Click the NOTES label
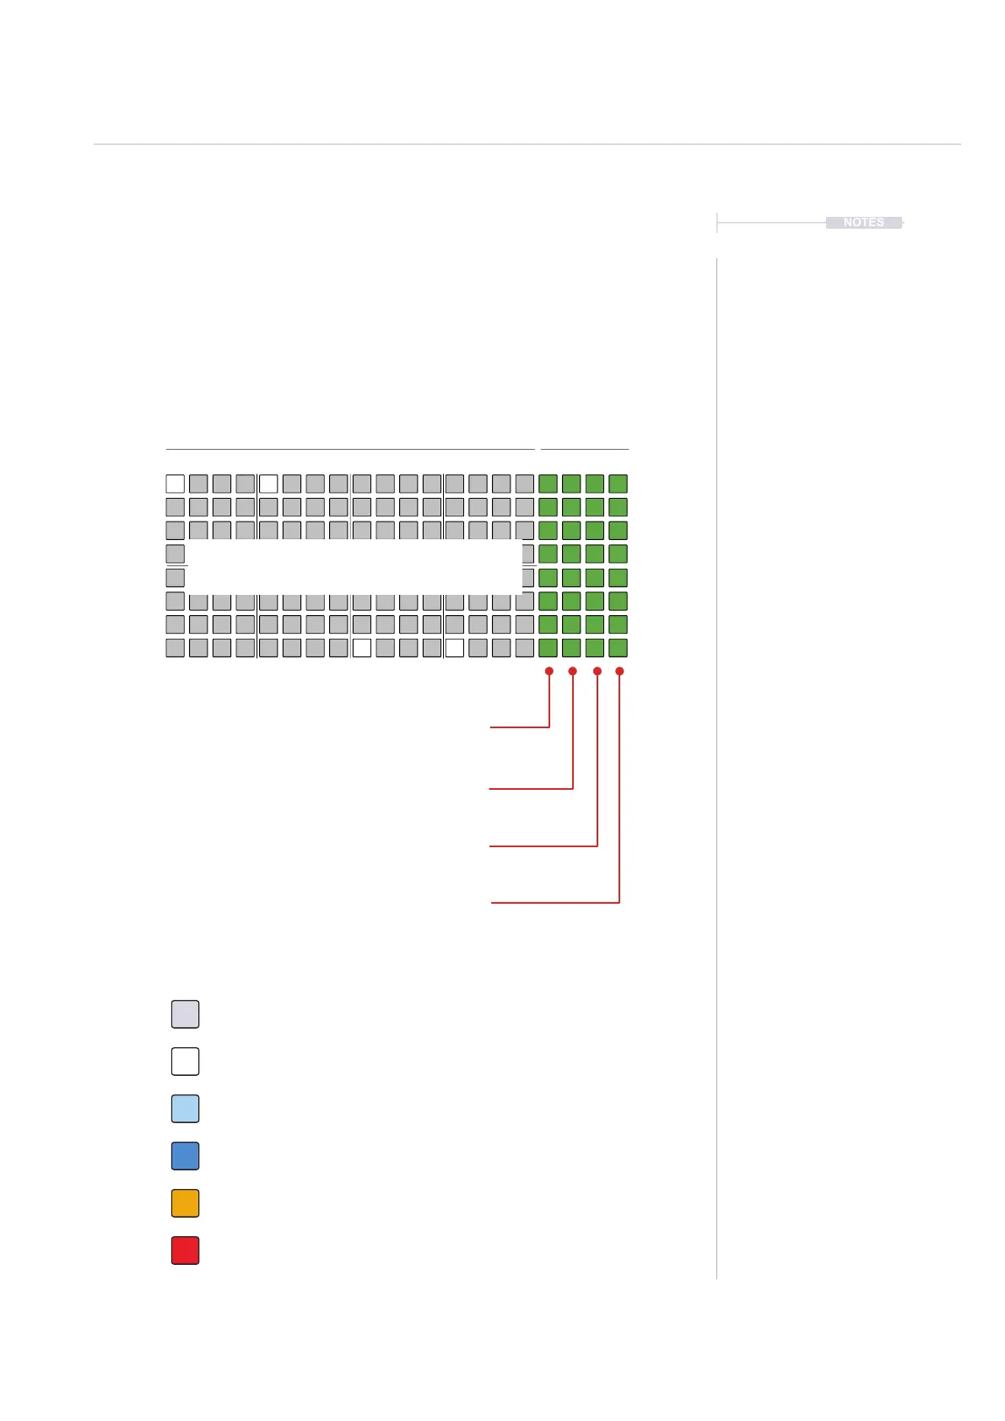[x=863, y=223]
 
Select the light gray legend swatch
[x=185, y=1014]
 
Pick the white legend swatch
[x=185, y=1062]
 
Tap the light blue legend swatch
[x=185, y=1109]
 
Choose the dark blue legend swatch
[x=185, y=1156]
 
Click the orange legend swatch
[x=185, y=1203]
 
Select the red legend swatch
[x=185, y=1251]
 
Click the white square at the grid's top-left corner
[x=176, y=484]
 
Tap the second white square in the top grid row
[x=268, y=484]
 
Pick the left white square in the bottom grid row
[x=362, y=648]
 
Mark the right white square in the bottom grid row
[x=455, y=648]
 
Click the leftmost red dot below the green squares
[x=549, y=672]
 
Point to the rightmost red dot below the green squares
[x=619, y=672]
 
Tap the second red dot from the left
[x=573, y=672]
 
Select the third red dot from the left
[x=597, y=672]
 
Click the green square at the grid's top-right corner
[x=619, y=484]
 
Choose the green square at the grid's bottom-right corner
[x=619, y=648]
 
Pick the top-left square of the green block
[x=548, y=484]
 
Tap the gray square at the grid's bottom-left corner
[x=176, y=648]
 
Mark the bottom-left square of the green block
[x=548, y=648]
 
